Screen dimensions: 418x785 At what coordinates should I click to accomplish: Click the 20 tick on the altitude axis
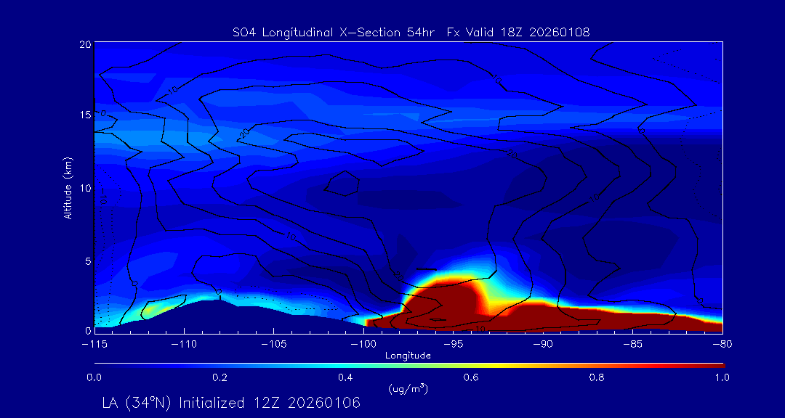[x=84, y=44]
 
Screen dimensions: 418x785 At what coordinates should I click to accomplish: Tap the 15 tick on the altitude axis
[x=84, y=115]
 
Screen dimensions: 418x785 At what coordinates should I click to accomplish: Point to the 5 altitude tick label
[x=86, y=260]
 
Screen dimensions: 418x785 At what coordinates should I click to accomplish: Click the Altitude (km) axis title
[x=68, y=187]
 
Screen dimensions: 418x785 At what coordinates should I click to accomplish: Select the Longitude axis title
[x=408, y=356]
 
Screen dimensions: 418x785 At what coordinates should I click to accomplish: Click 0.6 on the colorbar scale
[x=471, y=377]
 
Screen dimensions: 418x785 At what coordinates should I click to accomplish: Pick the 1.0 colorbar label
[x=722, y=377]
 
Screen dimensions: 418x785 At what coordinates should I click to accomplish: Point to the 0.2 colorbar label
[x=220, y=377]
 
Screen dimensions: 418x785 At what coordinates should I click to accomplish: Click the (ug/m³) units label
[x=408, y=388]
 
